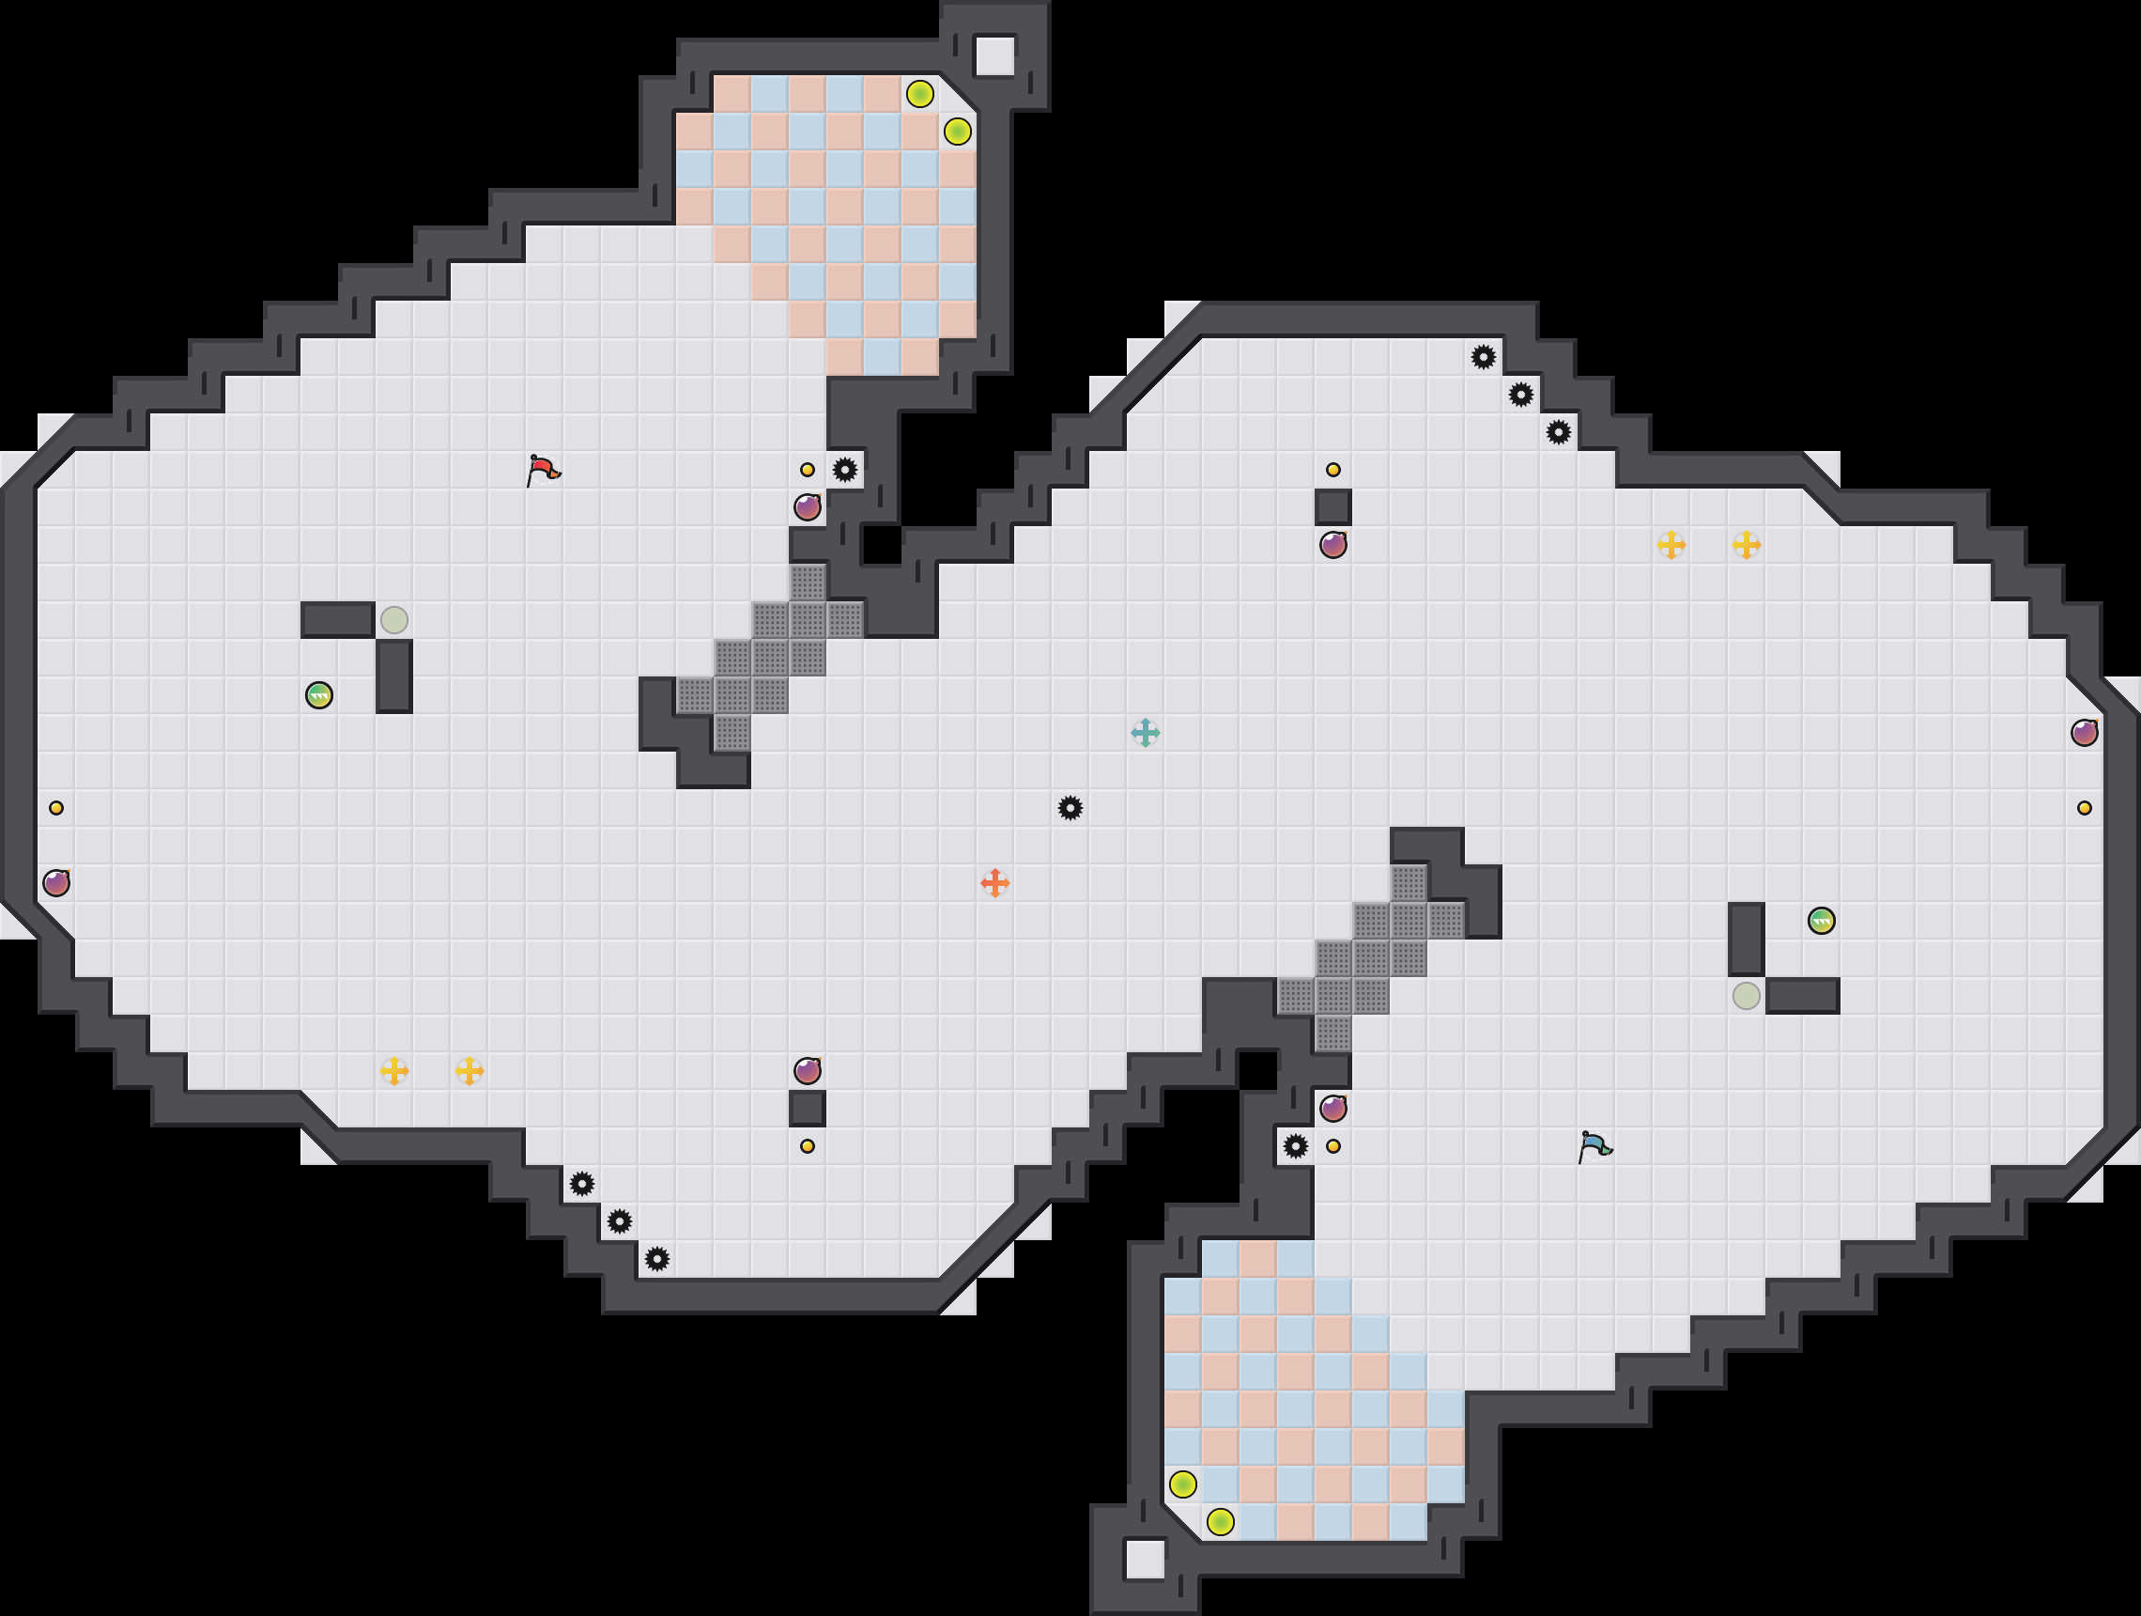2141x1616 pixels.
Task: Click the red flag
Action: coord(543,471)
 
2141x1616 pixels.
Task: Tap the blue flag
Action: coord(1594,1146)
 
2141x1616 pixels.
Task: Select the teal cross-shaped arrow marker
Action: coord(1145,733)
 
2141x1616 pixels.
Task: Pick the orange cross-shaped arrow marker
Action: coord(995,883)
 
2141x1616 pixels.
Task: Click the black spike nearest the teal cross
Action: coord(1070,807)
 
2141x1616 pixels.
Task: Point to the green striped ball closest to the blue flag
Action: coord(1821,921)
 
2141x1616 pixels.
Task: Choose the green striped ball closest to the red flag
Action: coord(319,695)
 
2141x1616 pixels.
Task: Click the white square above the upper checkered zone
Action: coord(994,56)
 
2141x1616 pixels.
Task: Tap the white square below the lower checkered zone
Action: coord(1145,1560)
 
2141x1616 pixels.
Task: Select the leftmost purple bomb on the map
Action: coord(56,883)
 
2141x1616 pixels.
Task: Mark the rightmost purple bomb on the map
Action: coord(2084,733)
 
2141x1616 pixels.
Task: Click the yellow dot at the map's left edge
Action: coord(56,807)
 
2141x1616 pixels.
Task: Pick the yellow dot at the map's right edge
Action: coord(2084,807)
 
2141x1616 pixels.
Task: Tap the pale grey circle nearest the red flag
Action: coord(394,620)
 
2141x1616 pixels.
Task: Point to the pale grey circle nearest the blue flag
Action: coord(1746,995)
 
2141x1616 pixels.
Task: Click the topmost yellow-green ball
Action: coord(919,94)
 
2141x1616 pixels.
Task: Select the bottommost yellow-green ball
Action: coord(1221,1522)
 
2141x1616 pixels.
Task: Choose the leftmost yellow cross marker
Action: coord(394,1071)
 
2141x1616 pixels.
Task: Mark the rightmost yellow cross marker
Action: coord(1746,545)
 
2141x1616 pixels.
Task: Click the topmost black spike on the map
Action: coord(1483,357)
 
